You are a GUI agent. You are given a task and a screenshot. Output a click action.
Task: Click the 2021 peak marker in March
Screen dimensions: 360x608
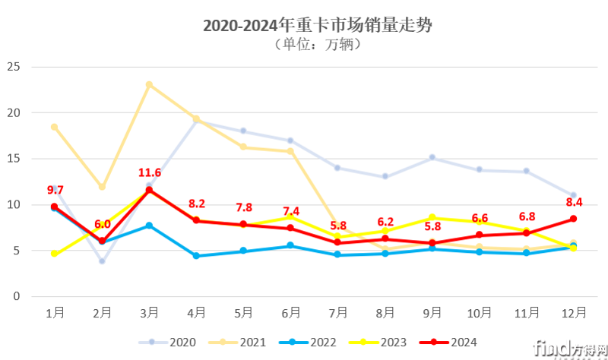[149, 84]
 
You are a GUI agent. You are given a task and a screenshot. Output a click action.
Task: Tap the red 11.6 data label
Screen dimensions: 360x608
[149, 173]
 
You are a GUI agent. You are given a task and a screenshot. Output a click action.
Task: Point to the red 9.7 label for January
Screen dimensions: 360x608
[55, 190]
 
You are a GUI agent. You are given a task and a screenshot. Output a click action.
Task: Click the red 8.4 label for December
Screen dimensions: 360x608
[573, 202]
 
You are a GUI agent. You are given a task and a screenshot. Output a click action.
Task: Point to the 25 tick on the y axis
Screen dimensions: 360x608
[12, 67]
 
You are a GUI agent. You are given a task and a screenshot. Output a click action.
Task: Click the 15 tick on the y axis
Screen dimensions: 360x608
[12, 159]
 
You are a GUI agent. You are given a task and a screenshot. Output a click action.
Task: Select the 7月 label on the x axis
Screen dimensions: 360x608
[338, 312]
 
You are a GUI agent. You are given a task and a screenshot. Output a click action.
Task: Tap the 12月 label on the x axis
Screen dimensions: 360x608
[573, 312]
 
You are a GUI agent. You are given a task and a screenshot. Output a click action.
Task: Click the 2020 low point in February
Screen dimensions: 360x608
[102, 261]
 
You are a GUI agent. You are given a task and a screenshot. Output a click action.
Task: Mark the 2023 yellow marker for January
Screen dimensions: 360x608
[55, 253]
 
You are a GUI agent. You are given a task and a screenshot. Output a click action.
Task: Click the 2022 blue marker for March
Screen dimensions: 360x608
[149, 226]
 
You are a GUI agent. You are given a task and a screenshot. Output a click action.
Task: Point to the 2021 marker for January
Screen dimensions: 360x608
[55, 127]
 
